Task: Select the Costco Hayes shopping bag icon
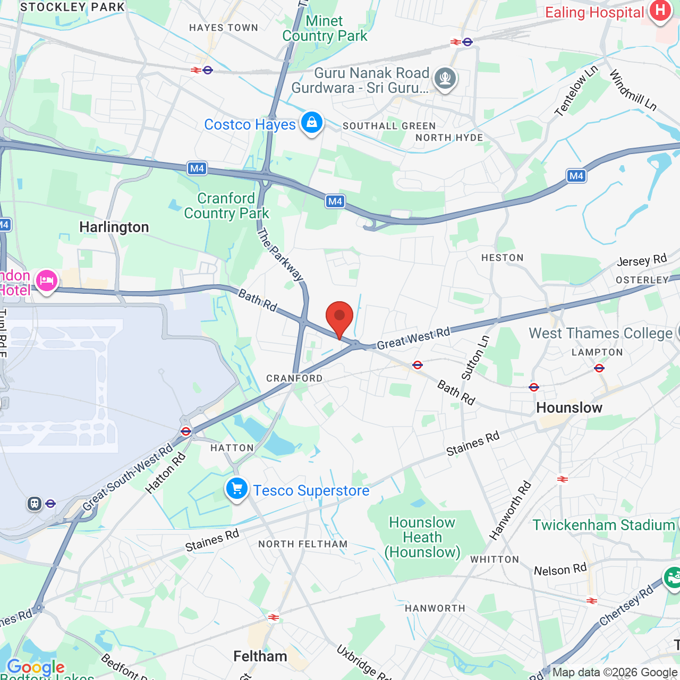click(x=312, y=123)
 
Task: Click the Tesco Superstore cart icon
click(x=237, y=488)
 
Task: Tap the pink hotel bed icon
click(x=47, y=280)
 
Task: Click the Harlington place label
click(x=114, y=227)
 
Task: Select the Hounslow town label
click(x=569, y=408)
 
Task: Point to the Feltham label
click(x=260, y=657)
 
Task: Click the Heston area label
click(x=502, y=258)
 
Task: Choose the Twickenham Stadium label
click(x=603, y=525)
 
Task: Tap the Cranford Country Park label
click(x=227, y=206)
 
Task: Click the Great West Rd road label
click(x=413, y=338)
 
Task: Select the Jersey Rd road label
click(x=642, y=260)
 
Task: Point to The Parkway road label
click(x=280, y=254)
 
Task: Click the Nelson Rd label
click(x=560, y=570)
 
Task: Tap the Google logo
click(x=36, y=667)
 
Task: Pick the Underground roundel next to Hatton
click(x=186, y=431)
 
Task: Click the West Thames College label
click(x=601, y=334)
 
